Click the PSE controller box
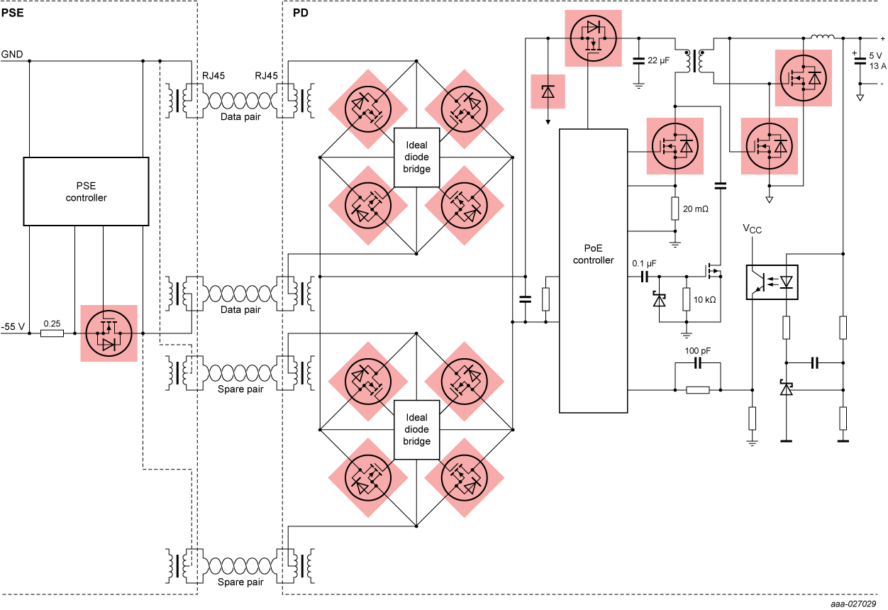coord(86,192)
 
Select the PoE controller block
coord(593,270)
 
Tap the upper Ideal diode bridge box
coord(416,157)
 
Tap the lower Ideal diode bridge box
coord(416,430)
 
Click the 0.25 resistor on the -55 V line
coord(52,333)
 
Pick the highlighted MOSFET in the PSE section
coord(109,333)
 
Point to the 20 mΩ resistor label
coord(696,209)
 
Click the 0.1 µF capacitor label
coord(644,262)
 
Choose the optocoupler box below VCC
coord(772,282)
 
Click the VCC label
coord(754,228)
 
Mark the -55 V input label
coord(13,326)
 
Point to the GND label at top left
coord(11,54)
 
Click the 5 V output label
coord(875,55)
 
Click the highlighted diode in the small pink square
coord(548,91)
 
